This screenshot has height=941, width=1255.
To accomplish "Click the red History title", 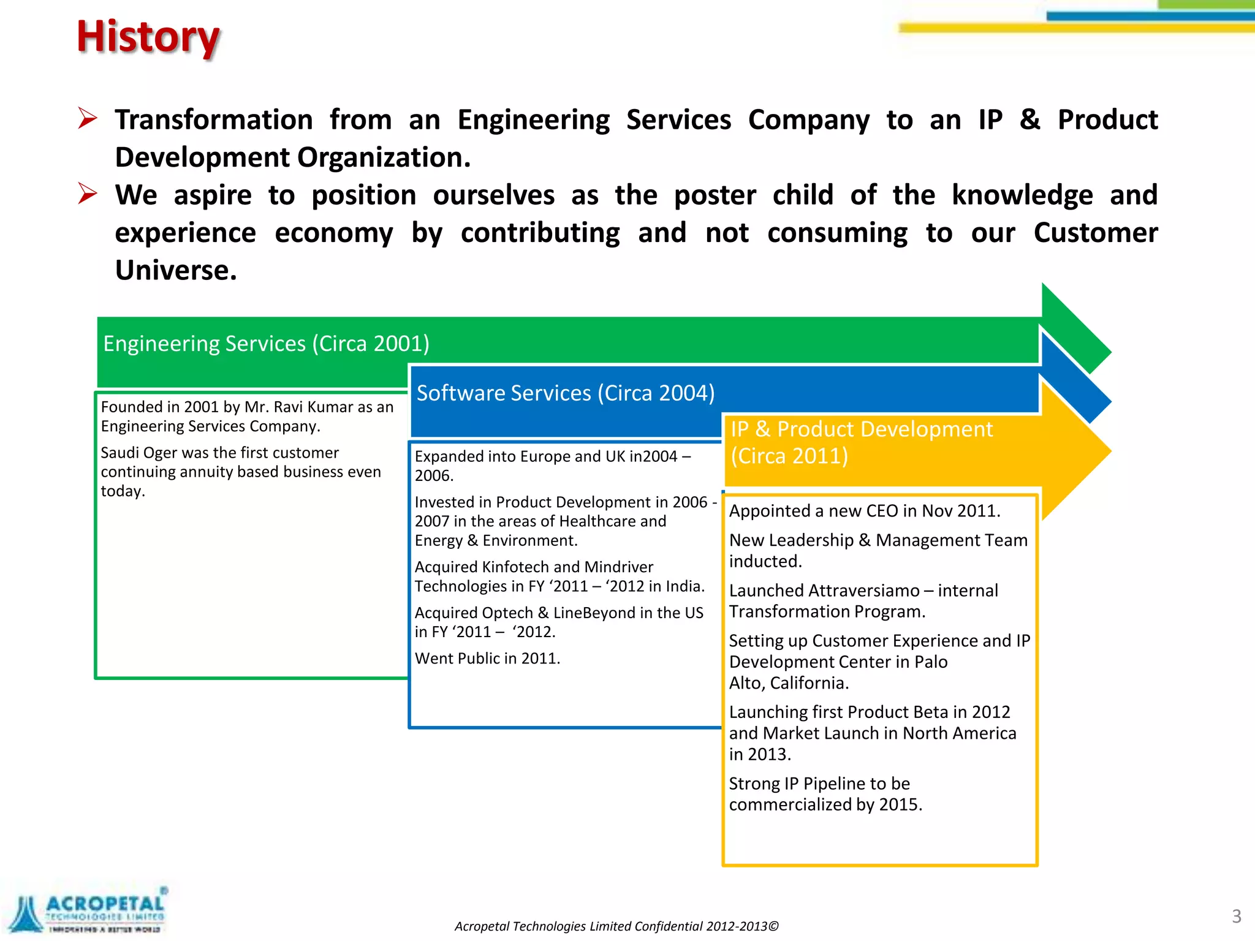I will point(148,38).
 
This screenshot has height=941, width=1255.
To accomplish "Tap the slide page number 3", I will point(1236,916).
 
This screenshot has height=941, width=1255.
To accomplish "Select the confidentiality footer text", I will point(616,926).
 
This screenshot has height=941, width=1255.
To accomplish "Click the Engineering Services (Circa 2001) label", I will point(266,344).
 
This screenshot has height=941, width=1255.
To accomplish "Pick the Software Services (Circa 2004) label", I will point(565,393).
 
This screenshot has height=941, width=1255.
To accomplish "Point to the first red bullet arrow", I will point(88,118).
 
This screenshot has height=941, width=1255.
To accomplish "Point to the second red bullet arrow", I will point(88,194).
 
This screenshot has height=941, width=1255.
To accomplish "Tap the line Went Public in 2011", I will point(487,659).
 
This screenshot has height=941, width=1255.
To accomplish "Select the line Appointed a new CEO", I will point(864,511).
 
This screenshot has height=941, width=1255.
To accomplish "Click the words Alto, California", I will point(789,683).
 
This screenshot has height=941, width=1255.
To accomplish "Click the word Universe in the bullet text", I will point(175,270).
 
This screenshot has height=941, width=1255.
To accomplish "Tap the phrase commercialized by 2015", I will point(825,804).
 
